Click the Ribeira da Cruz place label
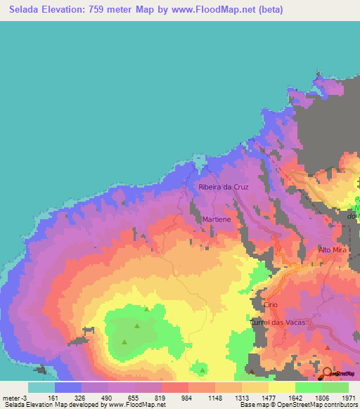point(224,188)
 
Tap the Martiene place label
point(217,219)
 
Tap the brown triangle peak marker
point(252,370)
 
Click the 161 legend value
point(52,397)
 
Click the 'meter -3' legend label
point(16,397)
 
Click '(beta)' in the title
point(293,8)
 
